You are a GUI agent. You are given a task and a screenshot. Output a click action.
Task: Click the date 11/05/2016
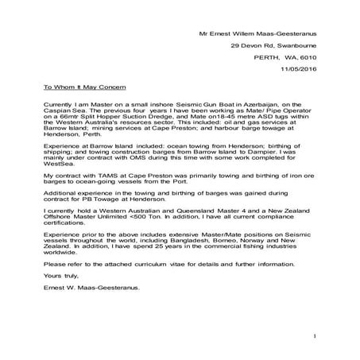[306, 71]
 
